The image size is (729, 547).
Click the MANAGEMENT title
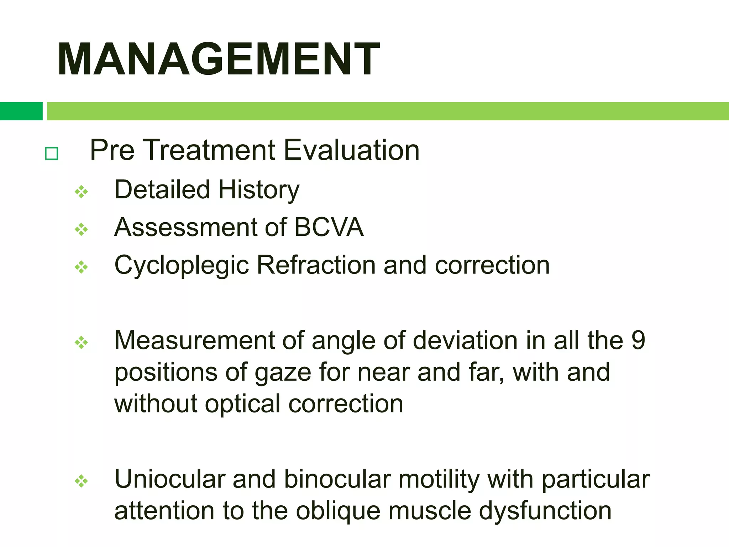coord(218,59)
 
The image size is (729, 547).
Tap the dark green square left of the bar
coord(21,111)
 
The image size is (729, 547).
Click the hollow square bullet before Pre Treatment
coord(52,154)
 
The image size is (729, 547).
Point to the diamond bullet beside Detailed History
coord(81,192)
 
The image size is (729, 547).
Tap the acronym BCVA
coord(329,227)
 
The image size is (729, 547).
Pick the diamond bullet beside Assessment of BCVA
coord(81,230)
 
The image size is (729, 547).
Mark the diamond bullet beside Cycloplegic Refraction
coord(81,267)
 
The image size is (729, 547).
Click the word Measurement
coord(194,340)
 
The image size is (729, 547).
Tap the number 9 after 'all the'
coord(638,340)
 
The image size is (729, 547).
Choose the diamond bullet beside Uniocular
coord(81,481)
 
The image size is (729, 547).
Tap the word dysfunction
coord(545,511)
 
